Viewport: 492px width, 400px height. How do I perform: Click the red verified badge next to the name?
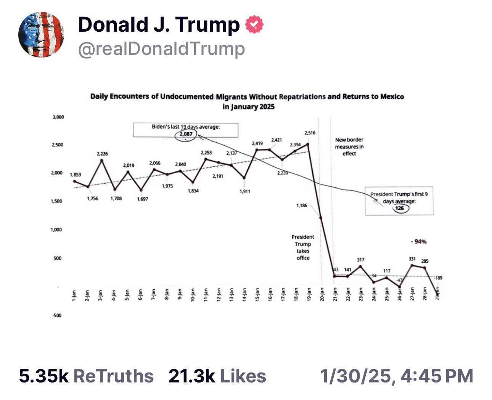pyautogui.click(x=254, y=25)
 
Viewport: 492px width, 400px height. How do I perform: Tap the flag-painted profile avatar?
pyautogui.click(x=41, y=35)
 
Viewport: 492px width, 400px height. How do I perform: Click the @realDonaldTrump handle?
pyautogui.click(x=161, y=49)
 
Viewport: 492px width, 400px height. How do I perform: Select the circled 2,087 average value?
pyautogui.click(x=186, y=134)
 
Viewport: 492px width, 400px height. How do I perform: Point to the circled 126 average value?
pyautogui.click(x=399, y=208)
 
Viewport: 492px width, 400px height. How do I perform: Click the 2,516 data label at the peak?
pyautogui.click(x=310, y=133)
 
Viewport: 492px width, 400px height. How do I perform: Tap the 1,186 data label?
pyautogui.click(x=302, y=206)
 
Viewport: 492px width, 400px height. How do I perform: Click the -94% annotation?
pyautogui.click(x=419, y=242)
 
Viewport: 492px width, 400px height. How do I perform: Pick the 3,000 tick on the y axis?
pyautogui.click(x=58, y=117)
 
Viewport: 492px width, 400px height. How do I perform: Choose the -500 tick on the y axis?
pyautogui.click(x=57, y=315)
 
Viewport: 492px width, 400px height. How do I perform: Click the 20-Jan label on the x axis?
pyautogui.click(x=321, y=294)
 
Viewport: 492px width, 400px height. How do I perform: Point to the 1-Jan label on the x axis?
pyautogui.click(x=74, y=294)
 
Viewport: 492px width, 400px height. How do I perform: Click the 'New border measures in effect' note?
pyautogui.click(x=349, y=147)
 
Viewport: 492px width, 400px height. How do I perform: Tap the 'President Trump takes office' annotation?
pyautogui.click(x=303, y=247)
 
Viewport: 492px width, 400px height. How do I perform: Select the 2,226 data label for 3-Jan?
pyautogui.click(x=102, y=154)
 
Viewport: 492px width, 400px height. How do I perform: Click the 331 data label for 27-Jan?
pyautogui.click(x=412, y=259)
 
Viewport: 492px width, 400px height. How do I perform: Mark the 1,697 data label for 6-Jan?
pyautogui.click(x=143, y=199)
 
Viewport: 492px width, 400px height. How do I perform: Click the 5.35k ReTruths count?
pyautogui.click(x=86, y=376)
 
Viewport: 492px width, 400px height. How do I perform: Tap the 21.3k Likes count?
pyautogui.click(x=217, y=376)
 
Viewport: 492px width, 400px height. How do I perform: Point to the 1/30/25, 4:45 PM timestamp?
pyautogui.click(x=397, y=376)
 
